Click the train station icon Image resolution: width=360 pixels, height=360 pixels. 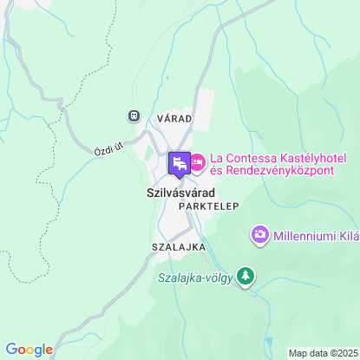(134, 115)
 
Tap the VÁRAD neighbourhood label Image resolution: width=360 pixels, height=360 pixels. (173, 117)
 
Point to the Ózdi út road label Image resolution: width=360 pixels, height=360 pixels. (109, 149)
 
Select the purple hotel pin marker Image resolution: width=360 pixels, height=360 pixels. (179, 162)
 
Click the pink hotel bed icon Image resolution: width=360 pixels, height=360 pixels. (197, 161)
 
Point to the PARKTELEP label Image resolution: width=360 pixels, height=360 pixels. (208, 208)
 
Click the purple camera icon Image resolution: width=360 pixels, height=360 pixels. (259, 234)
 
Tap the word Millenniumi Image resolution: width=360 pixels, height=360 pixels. (303, 235)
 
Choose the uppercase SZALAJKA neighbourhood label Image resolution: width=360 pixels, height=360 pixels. (178, 247)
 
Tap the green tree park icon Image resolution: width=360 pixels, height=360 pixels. (247, 276)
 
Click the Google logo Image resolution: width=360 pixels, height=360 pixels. (29, 350)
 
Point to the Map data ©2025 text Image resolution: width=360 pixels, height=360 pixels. (322, 353)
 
